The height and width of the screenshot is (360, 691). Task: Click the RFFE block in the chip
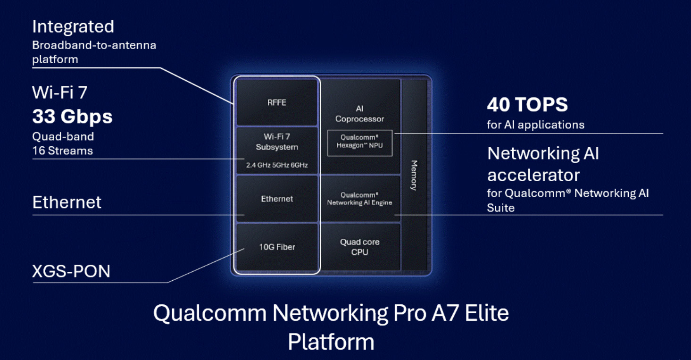277,102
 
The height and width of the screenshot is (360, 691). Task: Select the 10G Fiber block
277,247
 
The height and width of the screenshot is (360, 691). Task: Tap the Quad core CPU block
360,247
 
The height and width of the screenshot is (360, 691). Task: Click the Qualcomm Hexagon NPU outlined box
360,143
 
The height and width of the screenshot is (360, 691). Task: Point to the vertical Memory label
414,175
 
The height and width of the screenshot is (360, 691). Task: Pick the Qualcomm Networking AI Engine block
360,199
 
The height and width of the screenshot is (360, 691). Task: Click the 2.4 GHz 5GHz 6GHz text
277,165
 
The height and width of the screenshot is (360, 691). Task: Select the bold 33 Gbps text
72,117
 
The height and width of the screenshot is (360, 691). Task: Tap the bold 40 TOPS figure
527,104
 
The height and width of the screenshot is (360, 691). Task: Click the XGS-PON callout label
71,271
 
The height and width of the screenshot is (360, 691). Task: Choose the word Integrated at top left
73,26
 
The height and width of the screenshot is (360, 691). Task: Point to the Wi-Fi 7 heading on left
59,92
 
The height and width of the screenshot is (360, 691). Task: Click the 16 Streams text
63,151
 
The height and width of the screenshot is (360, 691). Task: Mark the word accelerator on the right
533,175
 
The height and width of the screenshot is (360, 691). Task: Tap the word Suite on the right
500,208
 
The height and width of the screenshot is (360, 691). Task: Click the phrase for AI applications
535,125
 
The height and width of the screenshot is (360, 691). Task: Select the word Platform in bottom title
331,342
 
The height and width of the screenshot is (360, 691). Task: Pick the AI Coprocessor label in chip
360,114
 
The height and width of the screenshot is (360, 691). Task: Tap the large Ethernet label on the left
67,202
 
